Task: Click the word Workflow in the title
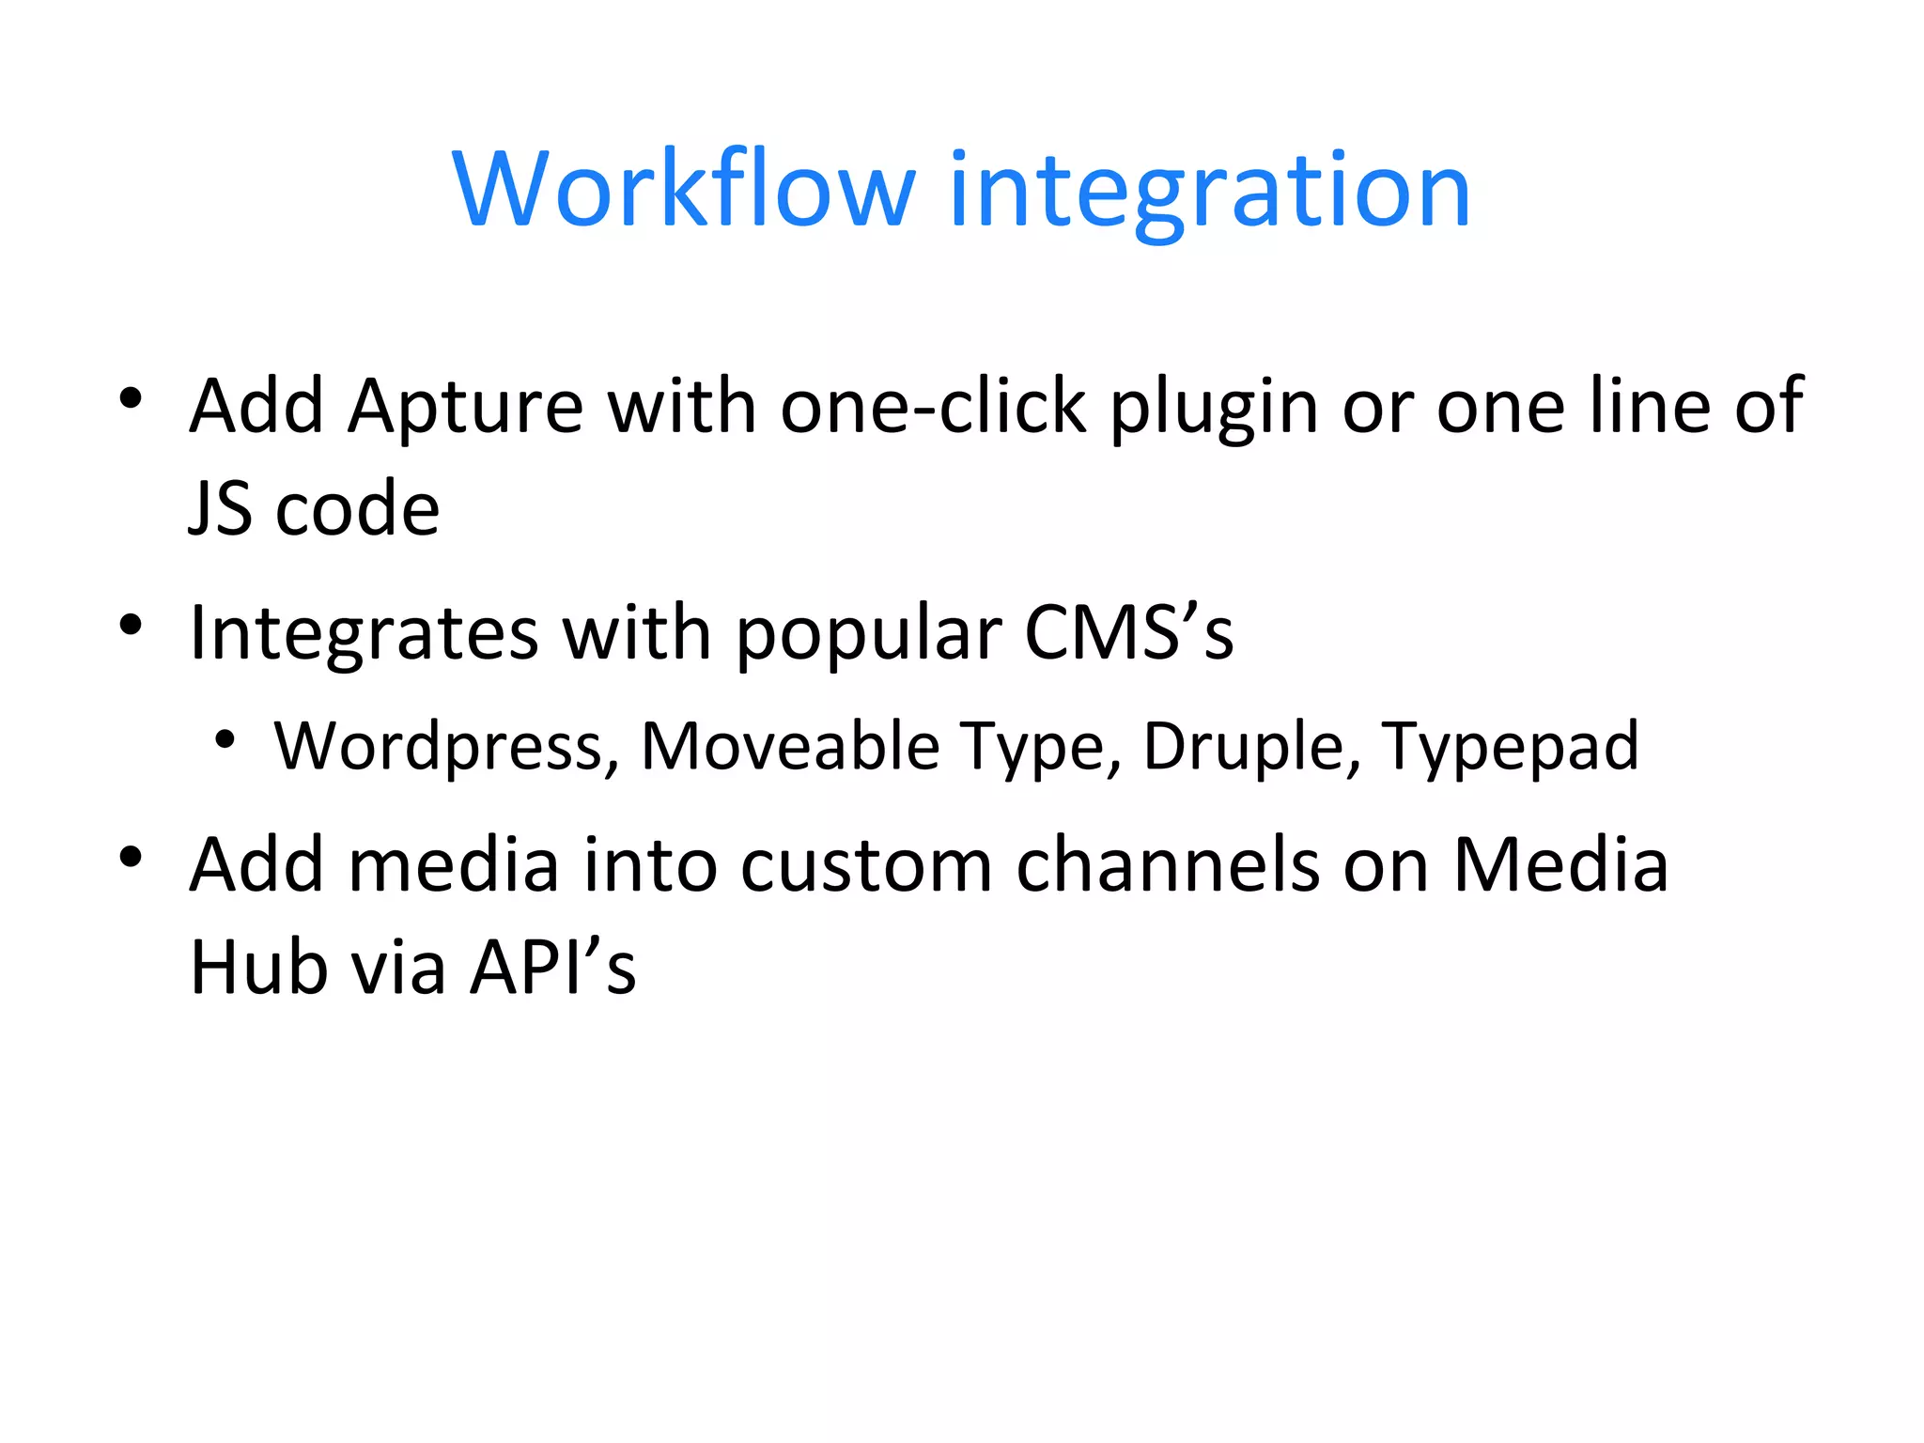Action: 684,190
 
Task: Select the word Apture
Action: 466,407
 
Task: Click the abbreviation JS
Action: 220,509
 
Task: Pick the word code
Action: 357,509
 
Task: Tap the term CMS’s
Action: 1128,632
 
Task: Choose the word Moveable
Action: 789,747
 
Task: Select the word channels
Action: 1168,865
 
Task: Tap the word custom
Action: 865,865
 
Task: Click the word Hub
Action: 257,968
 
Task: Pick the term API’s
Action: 553,968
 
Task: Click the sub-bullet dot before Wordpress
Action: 224,740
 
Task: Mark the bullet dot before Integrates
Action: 131,625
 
